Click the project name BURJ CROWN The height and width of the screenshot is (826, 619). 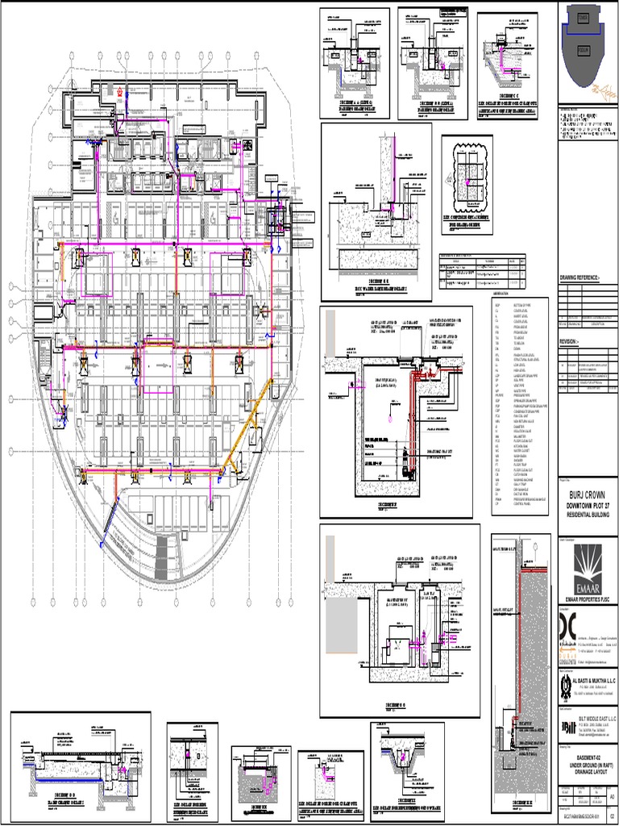588,494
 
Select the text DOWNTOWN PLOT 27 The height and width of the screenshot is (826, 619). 588,505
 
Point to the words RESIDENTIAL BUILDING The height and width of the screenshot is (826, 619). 588,513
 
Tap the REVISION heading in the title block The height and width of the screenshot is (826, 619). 571,341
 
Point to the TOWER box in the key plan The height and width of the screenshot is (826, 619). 584,19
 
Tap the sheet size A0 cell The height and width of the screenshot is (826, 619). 613,797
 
